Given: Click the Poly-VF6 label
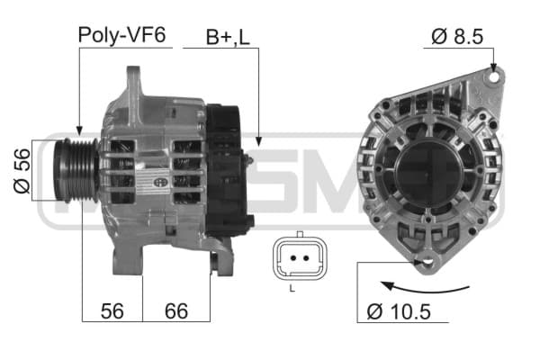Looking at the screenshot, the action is pyautogui.click(x=121, y=35).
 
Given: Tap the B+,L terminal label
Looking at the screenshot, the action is pyautogui.click(x=228, y=37).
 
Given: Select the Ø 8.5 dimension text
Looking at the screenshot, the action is pyautogui.click(x=457, y=36).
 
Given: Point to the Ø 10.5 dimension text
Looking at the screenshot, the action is pyautogui.click(x=399, y=311).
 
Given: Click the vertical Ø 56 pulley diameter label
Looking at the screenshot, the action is pyautogui.click(x=22, y=170).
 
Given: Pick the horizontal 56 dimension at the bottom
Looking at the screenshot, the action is pyautogui.click(x=112, y=311).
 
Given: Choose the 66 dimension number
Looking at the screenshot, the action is pyautogui.click(x=176, y=311).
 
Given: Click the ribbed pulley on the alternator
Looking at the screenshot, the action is pyautogui.click(x=76, y=170).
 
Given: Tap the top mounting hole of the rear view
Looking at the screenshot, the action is pyautogui.click(x=494, y=76).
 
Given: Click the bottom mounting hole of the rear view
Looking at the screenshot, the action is pyautogui.click(x=427, y=261).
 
